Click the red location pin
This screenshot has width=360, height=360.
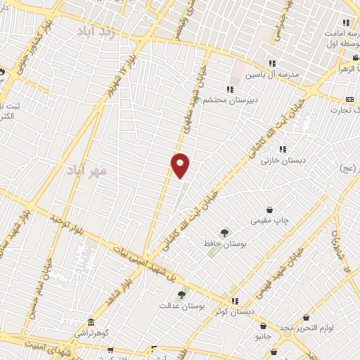181,165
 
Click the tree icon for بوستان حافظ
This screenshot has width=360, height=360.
224,233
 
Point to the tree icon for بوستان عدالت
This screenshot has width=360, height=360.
181,295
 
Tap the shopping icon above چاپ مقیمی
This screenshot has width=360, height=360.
270,210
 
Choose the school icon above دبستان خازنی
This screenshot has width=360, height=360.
282,149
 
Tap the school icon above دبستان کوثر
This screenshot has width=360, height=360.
235,300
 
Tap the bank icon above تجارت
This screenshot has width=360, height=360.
349,98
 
